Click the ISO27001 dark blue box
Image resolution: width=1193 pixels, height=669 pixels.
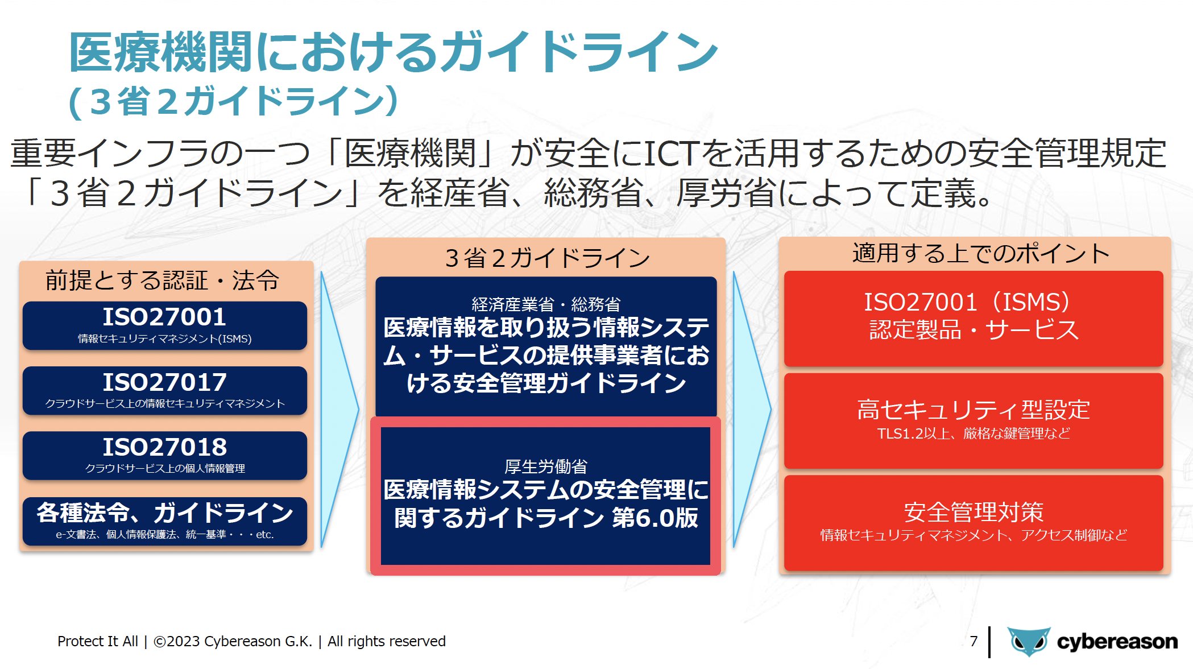(x=165, y=325)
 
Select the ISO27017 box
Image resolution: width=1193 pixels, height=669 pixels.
(x=165, y=390)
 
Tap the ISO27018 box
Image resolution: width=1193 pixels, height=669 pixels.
(x=165, y=455)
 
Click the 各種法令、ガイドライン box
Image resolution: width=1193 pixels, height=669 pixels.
(x=165, y=521)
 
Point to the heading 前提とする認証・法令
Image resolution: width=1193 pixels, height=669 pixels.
(x=163, y=280)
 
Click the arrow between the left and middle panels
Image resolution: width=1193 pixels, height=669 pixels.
(x=340, y=409)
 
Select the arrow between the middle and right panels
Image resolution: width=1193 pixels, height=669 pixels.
(x=752, y=409)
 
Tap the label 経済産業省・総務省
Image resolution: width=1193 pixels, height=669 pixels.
(x=546, y=304)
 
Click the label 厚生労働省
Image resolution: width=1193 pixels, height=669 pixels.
(x=546, y=466)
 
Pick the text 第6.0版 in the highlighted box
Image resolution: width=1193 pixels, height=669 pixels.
(x=655, y=518)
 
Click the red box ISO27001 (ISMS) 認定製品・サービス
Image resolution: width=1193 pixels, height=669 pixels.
(x=974, y=319)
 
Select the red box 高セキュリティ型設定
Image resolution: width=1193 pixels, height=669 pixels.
(x=974, y=421)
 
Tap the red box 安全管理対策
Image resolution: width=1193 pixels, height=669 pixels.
(x=974, y=523)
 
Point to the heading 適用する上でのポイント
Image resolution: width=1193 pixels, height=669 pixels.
(x=981, y=253)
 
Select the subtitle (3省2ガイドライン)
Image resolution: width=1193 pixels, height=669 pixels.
(x=233, y=101)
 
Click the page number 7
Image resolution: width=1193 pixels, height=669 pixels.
(x=974, y=641)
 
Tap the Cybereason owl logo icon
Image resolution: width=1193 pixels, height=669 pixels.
(x=1029, y=642)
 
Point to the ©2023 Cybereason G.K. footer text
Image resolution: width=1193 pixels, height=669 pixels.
(x=233, y=641)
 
